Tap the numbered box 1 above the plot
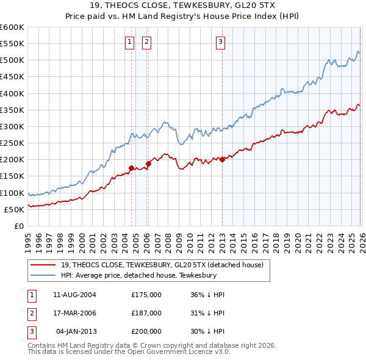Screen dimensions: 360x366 (131, 42)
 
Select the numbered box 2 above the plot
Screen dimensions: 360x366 (147, 42)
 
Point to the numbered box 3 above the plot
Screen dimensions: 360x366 (220, 42)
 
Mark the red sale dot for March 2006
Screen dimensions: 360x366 (148, 164)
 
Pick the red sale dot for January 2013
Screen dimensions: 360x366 (222, 159)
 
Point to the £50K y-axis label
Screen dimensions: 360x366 (14, 209)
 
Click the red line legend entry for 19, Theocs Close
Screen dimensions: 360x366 (162, 265)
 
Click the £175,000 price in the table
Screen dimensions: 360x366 (146, 294)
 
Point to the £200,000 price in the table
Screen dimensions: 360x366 (146, 331)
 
